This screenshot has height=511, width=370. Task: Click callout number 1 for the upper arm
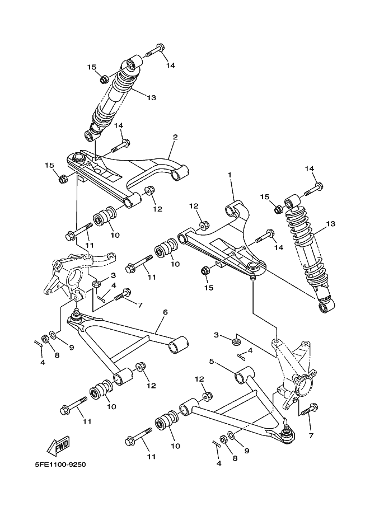pos(230,175)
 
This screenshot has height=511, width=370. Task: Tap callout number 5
pos(212,361)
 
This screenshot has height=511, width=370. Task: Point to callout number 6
pos(166,312)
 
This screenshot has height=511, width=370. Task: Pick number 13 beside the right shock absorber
pos(330,224)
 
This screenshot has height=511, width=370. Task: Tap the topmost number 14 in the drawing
pos(170,65)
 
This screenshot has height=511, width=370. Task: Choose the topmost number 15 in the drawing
pos(92,67)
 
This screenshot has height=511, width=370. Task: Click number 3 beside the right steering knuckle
pos(216,335)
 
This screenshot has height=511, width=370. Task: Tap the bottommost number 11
pos(150,457)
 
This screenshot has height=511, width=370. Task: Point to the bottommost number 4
pos(219,463)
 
